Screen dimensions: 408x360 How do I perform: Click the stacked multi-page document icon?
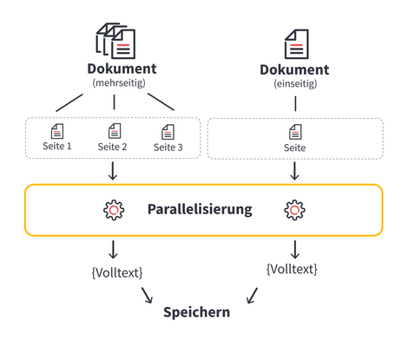116,41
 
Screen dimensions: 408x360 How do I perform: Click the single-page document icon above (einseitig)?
297,44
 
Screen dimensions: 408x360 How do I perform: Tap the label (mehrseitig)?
119,83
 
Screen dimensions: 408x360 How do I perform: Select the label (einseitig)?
295,84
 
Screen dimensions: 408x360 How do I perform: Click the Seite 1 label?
57,146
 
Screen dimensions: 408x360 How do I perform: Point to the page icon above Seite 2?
115,131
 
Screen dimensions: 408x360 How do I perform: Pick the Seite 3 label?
168,147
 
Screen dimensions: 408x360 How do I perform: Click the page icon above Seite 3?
168,132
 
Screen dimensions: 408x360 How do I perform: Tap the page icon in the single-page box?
295,132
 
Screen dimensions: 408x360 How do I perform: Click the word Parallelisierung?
200,209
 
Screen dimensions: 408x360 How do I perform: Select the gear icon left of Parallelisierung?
114,210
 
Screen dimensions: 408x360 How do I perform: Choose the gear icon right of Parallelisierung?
294,210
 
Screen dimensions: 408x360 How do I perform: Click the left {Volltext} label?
117,272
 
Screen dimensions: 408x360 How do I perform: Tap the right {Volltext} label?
292,269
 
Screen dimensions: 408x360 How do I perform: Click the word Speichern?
197,312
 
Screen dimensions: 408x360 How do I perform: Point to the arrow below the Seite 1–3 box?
113,171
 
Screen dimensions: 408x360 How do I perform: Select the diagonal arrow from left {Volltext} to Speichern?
147,295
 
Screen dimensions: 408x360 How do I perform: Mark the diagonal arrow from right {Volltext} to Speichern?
252,296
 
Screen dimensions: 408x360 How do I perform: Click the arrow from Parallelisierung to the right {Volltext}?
295,249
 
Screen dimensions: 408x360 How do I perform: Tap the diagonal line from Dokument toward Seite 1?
69,102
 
